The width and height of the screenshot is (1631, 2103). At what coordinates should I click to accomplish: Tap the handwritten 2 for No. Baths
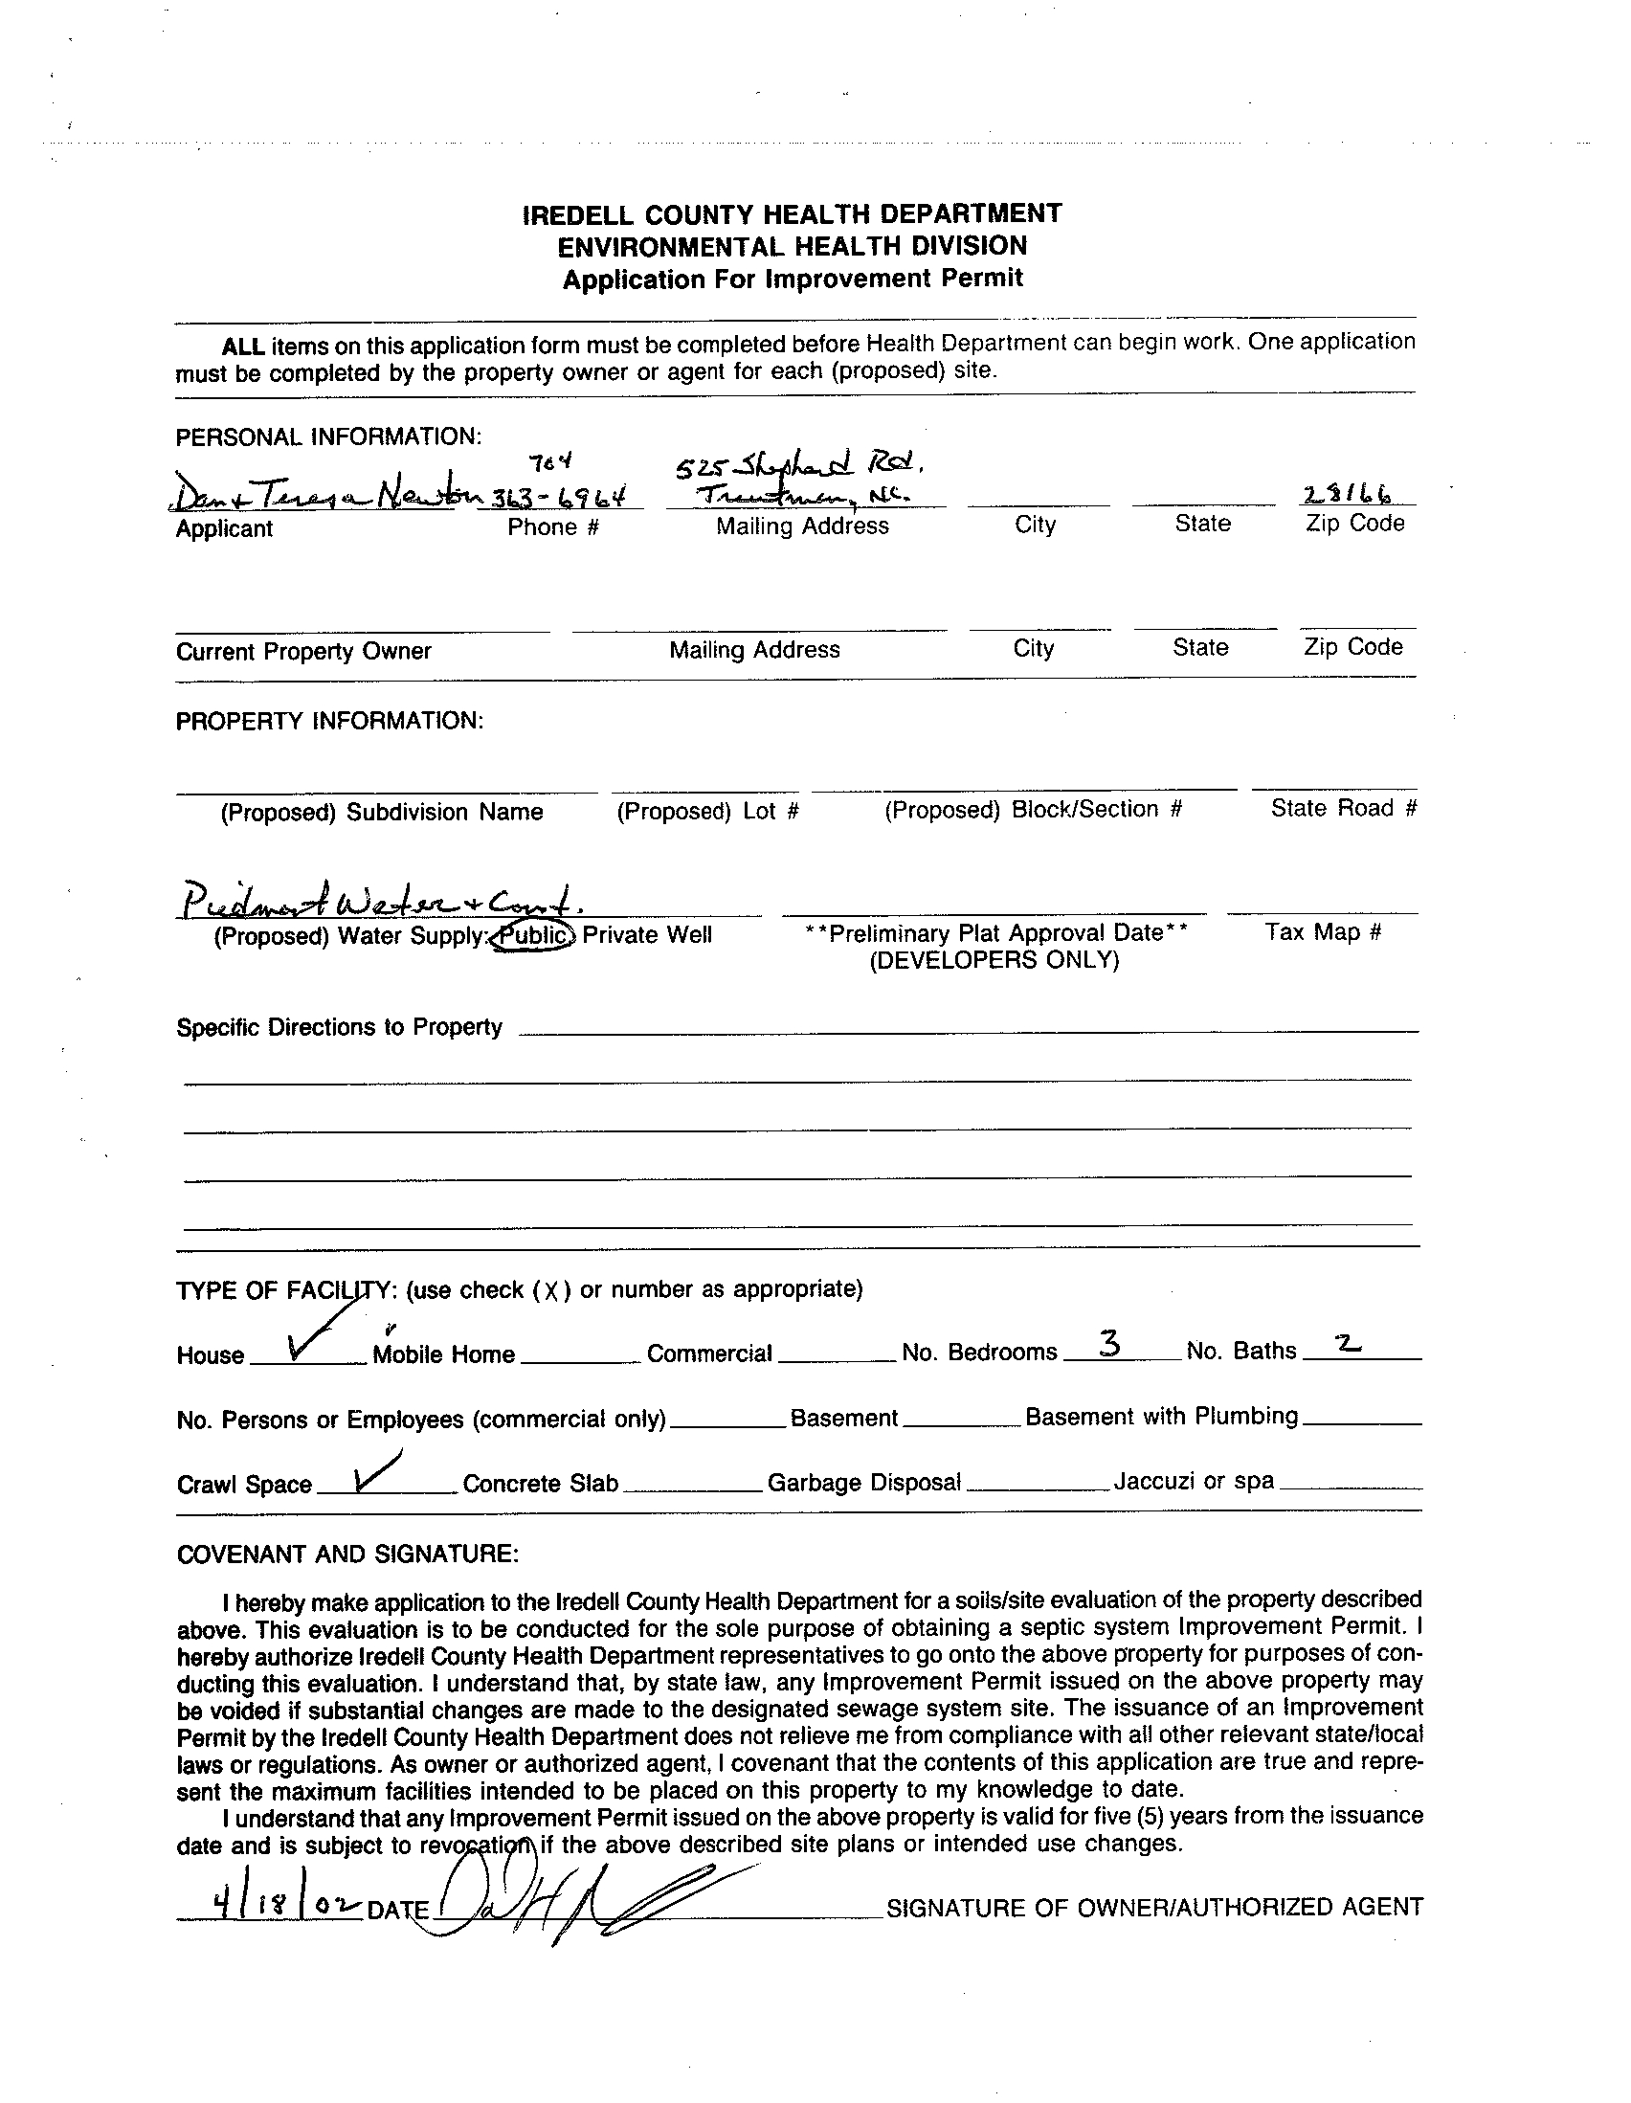tap(1348, 1345)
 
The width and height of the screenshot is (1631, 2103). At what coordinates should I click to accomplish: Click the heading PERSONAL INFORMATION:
tap(328, 437)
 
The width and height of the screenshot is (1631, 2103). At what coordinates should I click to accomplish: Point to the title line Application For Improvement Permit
tap(793, 280)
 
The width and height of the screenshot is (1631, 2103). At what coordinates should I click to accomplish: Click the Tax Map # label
tap(1324, 932)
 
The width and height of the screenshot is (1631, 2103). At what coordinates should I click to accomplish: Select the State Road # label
tap(1343, 809)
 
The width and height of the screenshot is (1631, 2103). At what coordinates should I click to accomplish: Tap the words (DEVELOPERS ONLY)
tap(994, 961)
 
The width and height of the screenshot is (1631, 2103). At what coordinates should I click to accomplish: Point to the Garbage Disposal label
tap(863, 1483)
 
